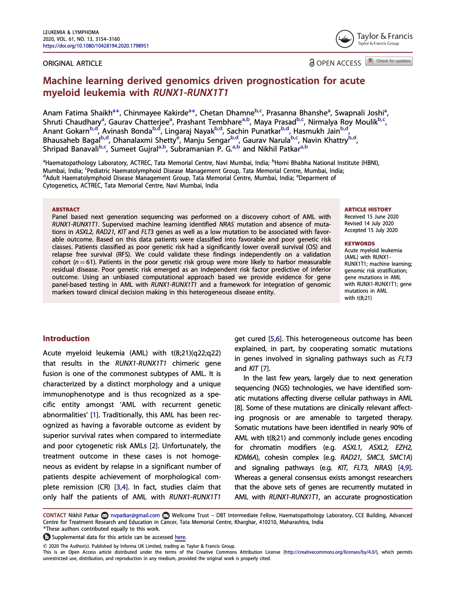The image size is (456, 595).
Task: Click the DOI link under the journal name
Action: coord(96,46)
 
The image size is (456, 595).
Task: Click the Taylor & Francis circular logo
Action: coord(344,39)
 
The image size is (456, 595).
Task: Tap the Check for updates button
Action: coord(389,61)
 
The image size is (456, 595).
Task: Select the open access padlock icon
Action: coord(312,63)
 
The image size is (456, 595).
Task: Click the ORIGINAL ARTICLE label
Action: coord(72,63)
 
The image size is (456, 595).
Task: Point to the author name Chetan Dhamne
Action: coord(227,113)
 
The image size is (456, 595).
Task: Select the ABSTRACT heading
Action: coord(66,209)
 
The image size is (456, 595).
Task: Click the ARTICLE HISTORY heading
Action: coord(368,209)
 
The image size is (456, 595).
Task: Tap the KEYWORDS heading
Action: coord(359,244)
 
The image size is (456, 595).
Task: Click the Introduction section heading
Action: coord(66,338)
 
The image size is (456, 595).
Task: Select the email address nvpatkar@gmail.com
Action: coord(135,515)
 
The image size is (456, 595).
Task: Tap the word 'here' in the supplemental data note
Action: coord(180,537)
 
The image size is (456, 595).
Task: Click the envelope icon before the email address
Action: coord(105,515)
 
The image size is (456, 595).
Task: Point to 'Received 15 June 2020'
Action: coord(371,217)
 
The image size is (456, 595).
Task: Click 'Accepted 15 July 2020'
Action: coord(371,230)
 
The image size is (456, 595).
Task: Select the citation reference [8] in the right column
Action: coord(238,408)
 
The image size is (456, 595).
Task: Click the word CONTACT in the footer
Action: coord(54,515)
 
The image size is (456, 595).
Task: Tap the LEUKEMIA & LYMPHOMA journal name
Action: coord(71,33)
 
